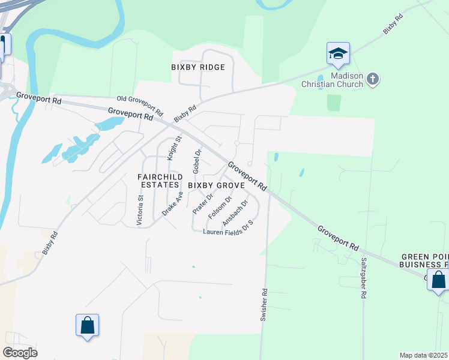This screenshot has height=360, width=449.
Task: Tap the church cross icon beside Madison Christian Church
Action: (x=373, y=79)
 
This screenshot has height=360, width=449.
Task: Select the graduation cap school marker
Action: (x=338, y=54)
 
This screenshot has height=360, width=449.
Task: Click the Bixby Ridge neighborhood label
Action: (x=198, y=67)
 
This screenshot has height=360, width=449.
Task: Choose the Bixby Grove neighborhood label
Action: (x=217, y=186)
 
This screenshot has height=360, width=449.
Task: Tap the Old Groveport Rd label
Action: (x=140, y=106)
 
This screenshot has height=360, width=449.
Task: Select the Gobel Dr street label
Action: (x=196, y=162)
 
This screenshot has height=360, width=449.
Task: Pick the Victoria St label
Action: (x=140, y=210)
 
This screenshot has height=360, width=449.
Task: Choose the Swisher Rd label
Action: (x=264, y=305)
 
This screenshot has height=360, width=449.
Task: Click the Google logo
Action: (x=20, y=353)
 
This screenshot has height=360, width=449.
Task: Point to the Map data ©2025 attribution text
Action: (x=424, y=355)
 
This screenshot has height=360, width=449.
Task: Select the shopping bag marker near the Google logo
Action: (x=87, y=326)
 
